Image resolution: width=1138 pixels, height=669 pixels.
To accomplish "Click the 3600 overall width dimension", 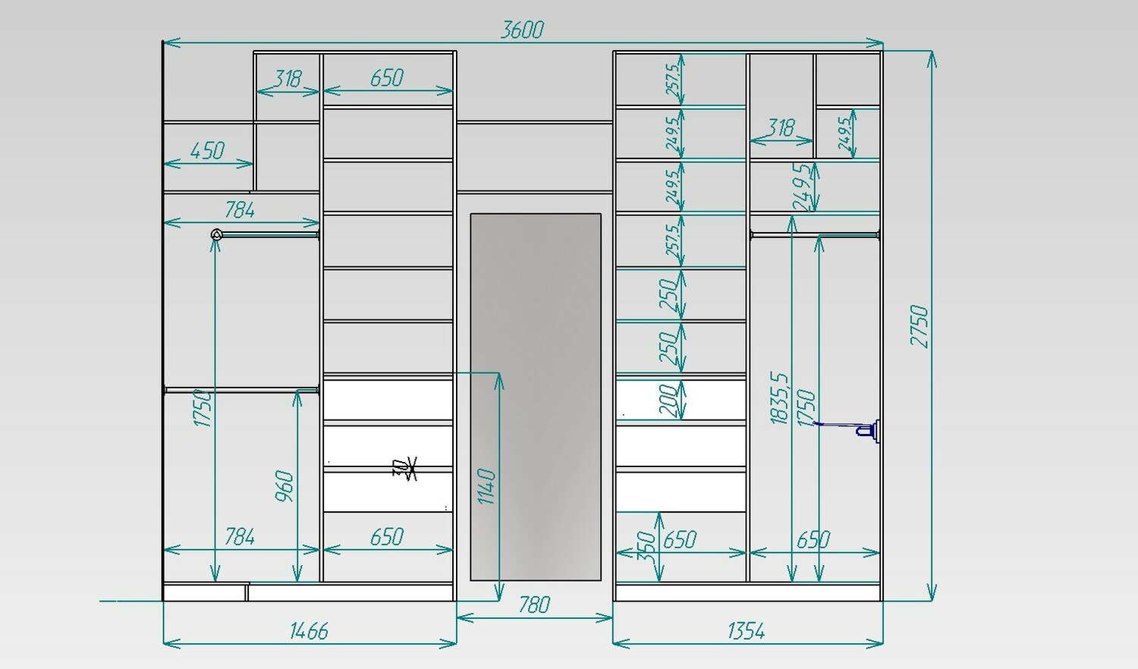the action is coord(522,30).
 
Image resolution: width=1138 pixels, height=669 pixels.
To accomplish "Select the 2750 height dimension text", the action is coord(920,326).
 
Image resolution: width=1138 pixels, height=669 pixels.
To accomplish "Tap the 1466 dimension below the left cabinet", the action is coord(309,631).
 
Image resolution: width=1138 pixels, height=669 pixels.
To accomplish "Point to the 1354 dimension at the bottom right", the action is coord(746,631).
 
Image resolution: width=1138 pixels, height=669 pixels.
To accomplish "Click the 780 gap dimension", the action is coord(534,605).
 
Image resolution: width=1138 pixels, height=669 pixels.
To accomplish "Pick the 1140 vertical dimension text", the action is coord(487,486).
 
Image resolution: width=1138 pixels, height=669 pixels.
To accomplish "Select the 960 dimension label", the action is coord(284,486).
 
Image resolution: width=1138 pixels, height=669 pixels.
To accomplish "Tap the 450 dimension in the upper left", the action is coord(207,151).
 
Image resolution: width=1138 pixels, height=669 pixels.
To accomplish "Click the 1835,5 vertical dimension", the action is coord(779,397).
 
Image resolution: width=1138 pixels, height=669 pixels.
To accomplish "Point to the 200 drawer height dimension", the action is coord(668,400).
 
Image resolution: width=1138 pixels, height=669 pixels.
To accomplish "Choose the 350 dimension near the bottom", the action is coord(646,546).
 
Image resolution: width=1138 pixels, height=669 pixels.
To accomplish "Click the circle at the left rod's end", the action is coord(216,234).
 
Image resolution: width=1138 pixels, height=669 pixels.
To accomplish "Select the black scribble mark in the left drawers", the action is coord(405,469).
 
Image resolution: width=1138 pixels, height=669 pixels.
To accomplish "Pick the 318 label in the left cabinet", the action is coord(288,79).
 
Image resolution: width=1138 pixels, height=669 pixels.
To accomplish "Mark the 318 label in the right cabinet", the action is coord(781,127).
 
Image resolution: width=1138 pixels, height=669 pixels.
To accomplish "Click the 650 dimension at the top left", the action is coord(386,78).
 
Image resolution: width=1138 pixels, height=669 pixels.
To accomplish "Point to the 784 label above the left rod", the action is coord(239,210).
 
